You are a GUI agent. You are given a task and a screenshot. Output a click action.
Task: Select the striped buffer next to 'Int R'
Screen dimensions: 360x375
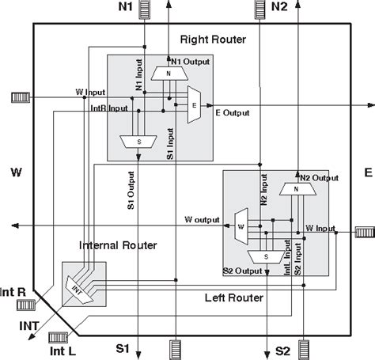point(42,293)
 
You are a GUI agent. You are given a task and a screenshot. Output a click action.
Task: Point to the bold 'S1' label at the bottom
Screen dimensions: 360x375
point(122,348)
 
